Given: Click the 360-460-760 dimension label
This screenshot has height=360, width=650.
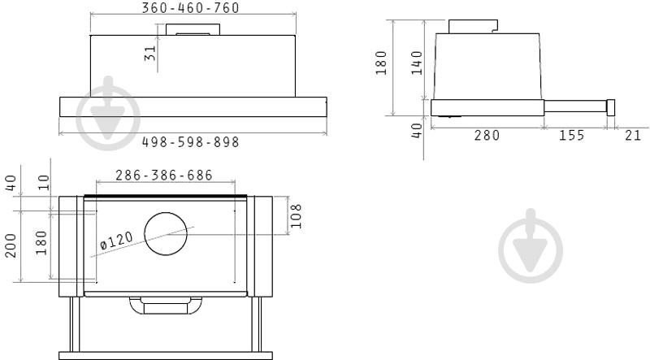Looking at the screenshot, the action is pos(191,8).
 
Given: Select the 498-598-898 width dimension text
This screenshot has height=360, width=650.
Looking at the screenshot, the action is pos(191,142).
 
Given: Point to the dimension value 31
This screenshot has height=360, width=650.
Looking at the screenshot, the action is pos(150,53).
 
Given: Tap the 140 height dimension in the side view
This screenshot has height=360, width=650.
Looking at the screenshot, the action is pos(417,63).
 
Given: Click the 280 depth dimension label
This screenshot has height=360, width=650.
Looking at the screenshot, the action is pos(487,135).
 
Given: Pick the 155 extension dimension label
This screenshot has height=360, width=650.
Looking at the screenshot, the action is pos(572,135).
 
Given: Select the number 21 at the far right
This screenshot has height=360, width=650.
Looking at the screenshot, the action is pos(633,135).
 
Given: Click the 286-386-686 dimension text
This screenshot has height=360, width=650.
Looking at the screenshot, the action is pos(164,175).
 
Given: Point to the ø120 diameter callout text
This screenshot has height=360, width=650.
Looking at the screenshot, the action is pos(117,241).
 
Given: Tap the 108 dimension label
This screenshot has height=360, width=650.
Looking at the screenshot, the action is pos(296,216).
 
